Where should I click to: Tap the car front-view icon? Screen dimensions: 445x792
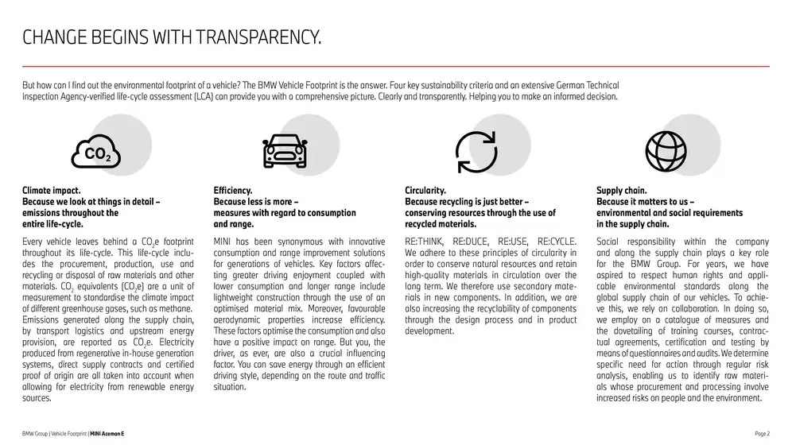pos(284,150)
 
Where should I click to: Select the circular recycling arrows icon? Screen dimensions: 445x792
pos(476,150)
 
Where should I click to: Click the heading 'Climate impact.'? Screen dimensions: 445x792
pos(52,191)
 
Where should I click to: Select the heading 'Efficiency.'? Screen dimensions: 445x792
pos(233,191)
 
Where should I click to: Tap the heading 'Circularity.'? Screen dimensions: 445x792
pos(425,191)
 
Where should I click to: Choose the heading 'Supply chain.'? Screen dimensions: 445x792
pos(622,191)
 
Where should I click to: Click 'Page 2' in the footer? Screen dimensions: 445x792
pos(761,433)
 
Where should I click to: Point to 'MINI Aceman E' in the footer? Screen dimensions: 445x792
pos(118,433)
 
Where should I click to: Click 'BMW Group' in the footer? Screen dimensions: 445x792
pos(36,433)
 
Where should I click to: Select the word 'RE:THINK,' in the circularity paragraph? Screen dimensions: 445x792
pos(427,242)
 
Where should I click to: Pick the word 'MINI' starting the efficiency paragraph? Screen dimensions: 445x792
pos(223,242)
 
